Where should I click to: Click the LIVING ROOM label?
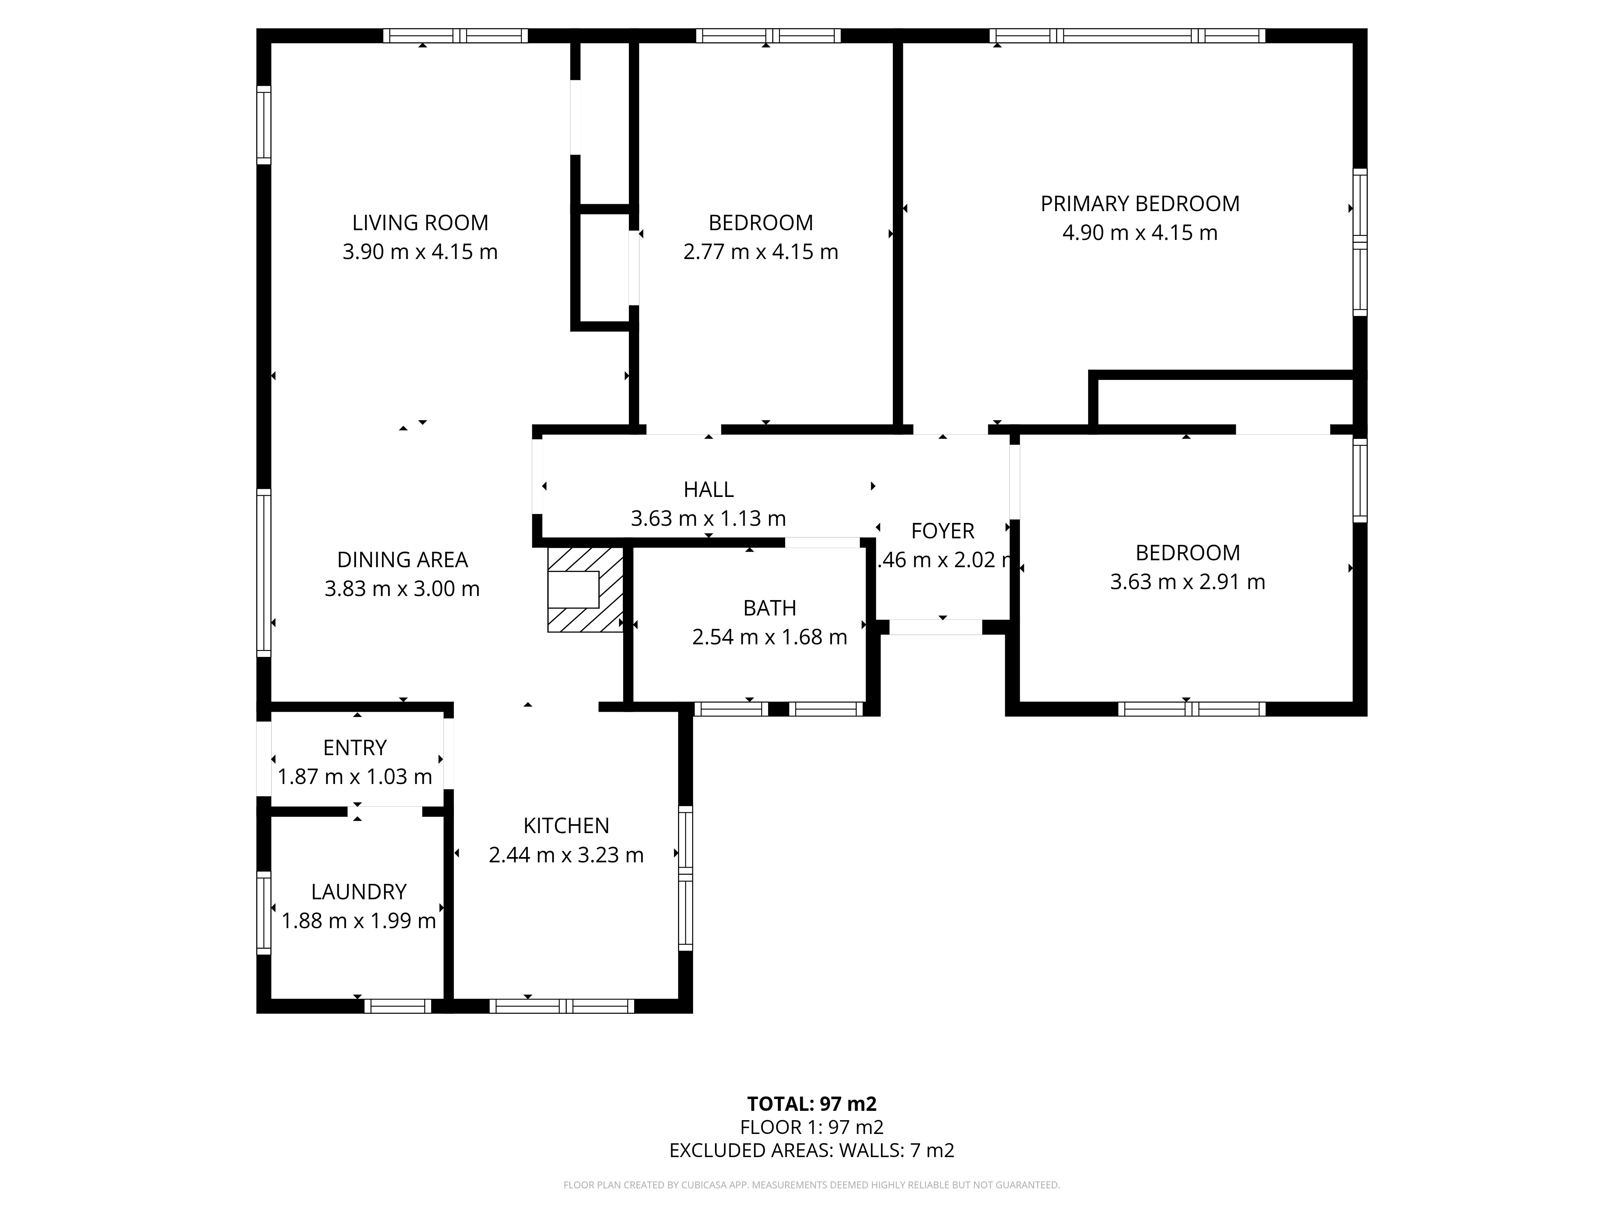420,222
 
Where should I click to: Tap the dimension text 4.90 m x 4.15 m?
1140,233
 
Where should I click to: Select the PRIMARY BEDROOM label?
1140,203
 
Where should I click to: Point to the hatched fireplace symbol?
585,590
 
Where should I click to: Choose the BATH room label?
769,608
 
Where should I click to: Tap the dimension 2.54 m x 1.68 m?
769,637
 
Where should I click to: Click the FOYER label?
943,531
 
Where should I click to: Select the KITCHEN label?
566,826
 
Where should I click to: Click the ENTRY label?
354,747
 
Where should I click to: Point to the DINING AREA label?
402,559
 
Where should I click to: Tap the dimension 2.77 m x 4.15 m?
760,252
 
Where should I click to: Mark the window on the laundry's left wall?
263,913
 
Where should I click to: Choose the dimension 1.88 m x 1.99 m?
358,921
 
